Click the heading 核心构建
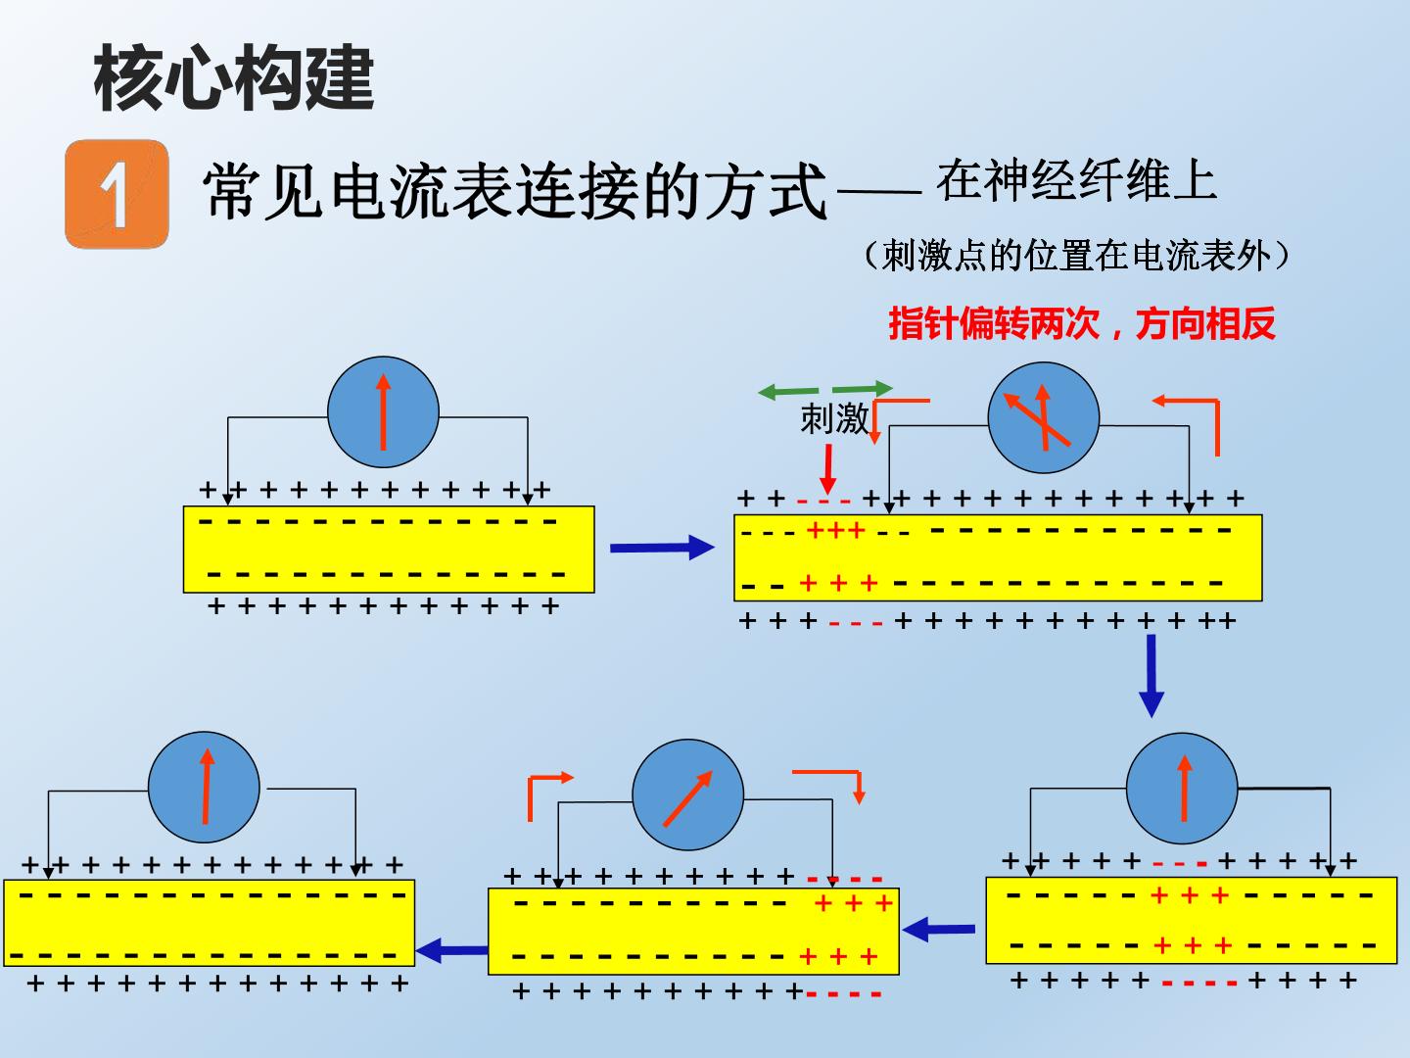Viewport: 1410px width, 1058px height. (x=234, y=78)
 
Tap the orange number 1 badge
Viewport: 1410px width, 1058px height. (x=117, y=194)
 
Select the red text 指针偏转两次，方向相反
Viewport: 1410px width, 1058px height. (x=1082, y=323)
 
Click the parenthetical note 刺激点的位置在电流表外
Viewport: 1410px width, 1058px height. (x=1076, y=257)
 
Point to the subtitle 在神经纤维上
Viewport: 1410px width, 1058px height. (x=1076, y=180)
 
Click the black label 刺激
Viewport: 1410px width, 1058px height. (x=834, y=419)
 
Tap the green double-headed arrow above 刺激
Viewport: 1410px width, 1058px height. (x=825, y=389)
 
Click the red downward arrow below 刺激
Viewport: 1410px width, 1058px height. (x=828, y=469)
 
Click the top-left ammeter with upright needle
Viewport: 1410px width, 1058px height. (x=384, y=411)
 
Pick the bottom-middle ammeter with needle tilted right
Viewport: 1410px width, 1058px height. (x=688, y=794)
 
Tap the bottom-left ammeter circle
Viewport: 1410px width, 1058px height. (x=205, y=787)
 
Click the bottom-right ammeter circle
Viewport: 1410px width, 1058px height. (x=1182, y=789)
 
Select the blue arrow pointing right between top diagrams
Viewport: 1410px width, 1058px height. (x=662, y=548)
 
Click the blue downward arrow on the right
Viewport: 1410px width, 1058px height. (x=1151, y=676)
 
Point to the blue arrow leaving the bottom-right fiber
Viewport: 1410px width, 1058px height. (x=938, y=929)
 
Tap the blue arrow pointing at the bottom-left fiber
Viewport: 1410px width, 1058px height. (x=452, y=950)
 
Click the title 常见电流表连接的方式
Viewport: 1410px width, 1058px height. (x=515, y=191)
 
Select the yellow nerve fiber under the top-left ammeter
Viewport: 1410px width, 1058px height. (x=389, y=550)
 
